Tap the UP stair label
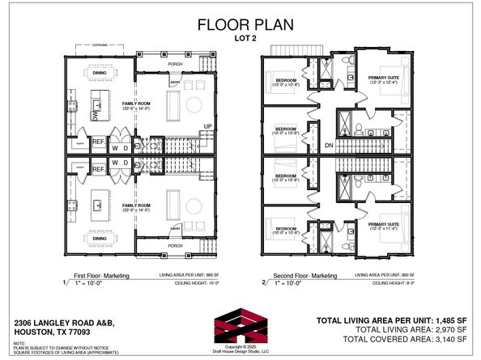207,126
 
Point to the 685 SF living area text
185,276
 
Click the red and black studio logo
240,327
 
